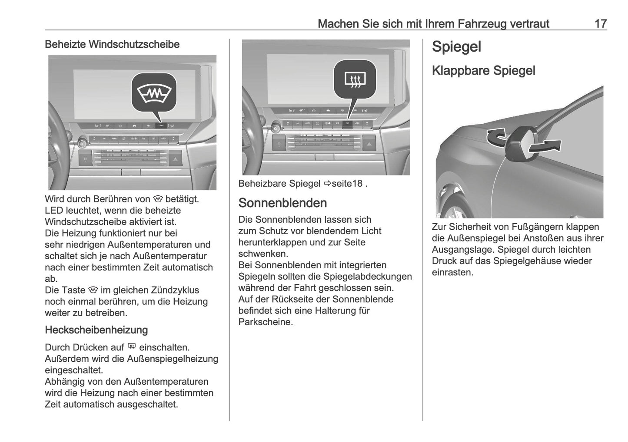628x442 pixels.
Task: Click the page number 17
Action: pyautogui.click(x=600, y=23)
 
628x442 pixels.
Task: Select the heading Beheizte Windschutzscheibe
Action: pyautogui.click(x=112, y=44)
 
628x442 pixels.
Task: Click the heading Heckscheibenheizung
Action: pyautogui.click(x=96, y=330)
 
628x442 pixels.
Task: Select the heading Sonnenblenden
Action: pyautogui.click(x=282, y=203)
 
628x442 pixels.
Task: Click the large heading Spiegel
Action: pyautogui.click(x=456, y=47)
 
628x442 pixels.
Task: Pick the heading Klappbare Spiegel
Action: pyautogui.click(x=483, y=70)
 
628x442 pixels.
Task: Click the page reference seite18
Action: pyautogui.click(x=346, y=184)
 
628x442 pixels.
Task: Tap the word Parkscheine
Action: pyautogui.click(x=266, y=322)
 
